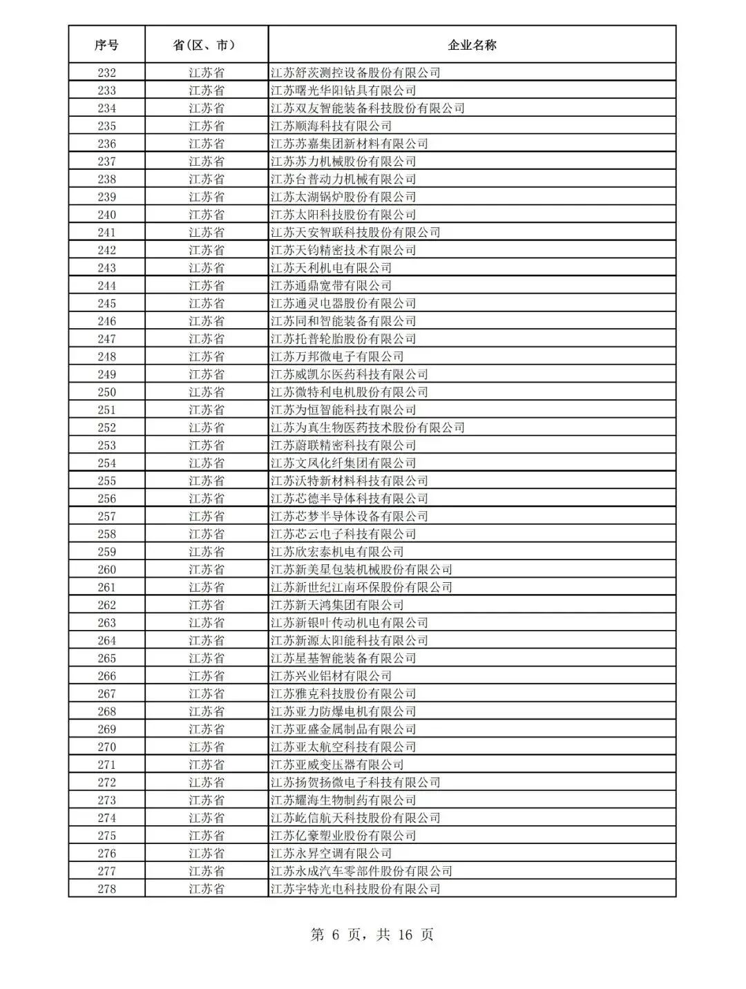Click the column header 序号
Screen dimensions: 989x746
pos(106,45)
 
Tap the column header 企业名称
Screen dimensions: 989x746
pos(472,45)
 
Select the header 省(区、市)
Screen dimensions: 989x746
pos(206,45)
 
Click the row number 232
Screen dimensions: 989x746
pos(106,73)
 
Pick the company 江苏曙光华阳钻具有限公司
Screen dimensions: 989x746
pos(343,90)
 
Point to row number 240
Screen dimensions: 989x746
pos(106,215)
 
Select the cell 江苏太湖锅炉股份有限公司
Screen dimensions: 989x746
pos(343,197)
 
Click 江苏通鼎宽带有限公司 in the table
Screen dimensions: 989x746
pos(331,286)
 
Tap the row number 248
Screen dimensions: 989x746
pos(106,357)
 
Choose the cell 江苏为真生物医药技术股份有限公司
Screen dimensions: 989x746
pos(367,428)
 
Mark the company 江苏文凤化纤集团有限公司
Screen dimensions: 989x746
pos(343,463)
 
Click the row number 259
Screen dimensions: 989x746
pos(106,552)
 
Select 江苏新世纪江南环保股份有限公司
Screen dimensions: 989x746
pos(361,588)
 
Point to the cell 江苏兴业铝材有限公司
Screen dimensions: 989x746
pos(331,676)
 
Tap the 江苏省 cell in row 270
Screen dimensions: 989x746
pos(206,747)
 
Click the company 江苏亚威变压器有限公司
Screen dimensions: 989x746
pos(337,765)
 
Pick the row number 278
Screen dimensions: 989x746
pos(106,889)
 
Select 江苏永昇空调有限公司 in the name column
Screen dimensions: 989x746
pos(331,854)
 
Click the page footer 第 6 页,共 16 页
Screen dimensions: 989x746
pos(372,935)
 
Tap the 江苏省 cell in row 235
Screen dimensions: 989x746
pos(206,126)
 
